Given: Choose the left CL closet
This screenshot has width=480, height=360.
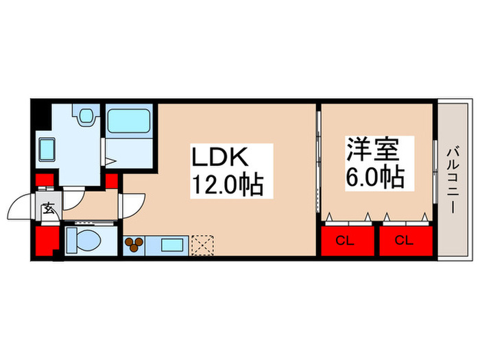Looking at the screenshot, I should tap(348, 240).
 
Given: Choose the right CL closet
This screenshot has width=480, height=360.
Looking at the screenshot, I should tap(405, 240).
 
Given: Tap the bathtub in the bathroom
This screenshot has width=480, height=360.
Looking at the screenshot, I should tap(129, 122).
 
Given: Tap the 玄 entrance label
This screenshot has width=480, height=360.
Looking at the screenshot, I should tap(49, 209).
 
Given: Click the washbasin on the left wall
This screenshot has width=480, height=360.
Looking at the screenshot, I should tap(47, 147).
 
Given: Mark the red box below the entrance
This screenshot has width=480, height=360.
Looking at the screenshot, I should tap(46, 241).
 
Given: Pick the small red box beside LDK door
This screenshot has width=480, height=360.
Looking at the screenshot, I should tap(112, 182).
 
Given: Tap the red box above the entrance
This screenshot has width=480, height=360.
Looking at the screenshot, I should tap(45, 182).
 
